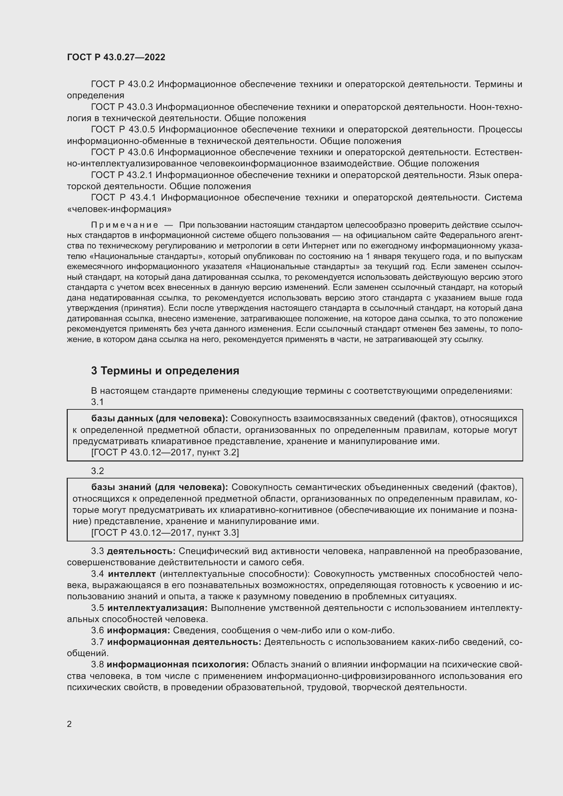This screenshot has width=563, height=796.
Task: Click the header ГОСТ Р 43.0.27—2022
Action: (116, 57)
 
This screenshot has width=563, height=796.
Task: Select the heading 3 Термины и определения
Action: (165, 371)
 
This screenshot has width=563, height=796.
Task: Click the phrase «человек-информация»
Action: (119, 209)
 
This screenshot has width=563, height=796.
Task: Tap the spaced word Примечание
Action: (125, 225)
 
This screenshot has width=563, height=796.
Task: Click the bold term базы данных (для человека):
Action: (159, 419)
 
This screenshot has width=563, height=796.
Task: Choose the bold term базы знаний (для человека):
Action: (159, 487)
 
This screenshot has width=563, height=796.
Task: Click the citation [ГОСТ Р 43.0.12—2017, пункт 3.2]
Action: (165, 452)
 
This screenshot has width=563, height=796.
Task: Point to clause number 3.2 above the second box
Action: (97, 471)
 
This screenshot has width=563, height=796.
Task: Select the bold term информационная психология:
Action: (177, 665)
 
